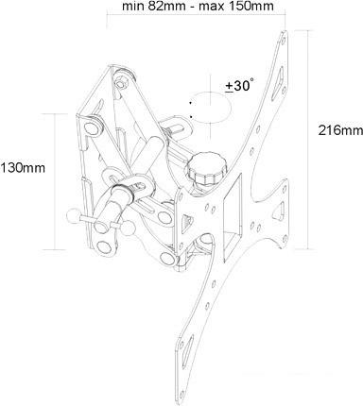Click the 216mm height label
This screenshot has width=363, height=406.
pos(337,127)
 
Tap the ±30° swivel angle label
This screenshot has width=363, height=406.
pos(239,85)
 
